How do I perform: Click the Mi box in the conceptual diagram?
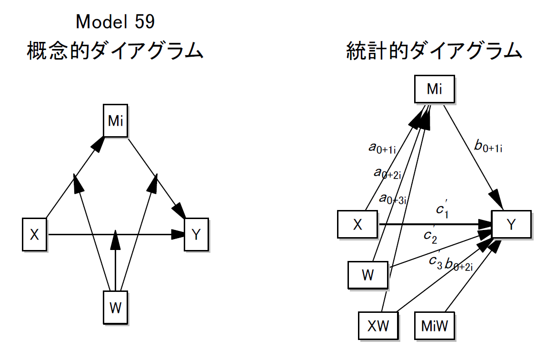pos(116,121)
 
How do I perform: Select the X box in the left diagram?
pos(34,234)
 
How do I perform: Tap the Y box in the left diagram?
pos(196,234)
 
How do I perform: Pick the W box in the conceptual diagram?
pos(116,308)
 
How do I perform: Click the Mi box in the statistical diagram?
pos(434,89)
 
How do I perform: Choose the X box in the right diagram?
pos(357,224)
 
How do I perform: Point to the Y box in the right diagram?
pos(511,224)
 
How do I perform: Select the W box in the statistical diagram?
pos(367,275)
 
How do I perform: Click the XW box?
pos(378,326)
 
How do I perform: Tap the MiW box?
pos(435,326)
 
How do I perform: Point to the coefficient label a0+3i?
pos(393,198)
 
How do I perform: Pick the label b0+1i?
pos(488,146)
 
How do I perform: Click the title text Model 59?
pos(115,21)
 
